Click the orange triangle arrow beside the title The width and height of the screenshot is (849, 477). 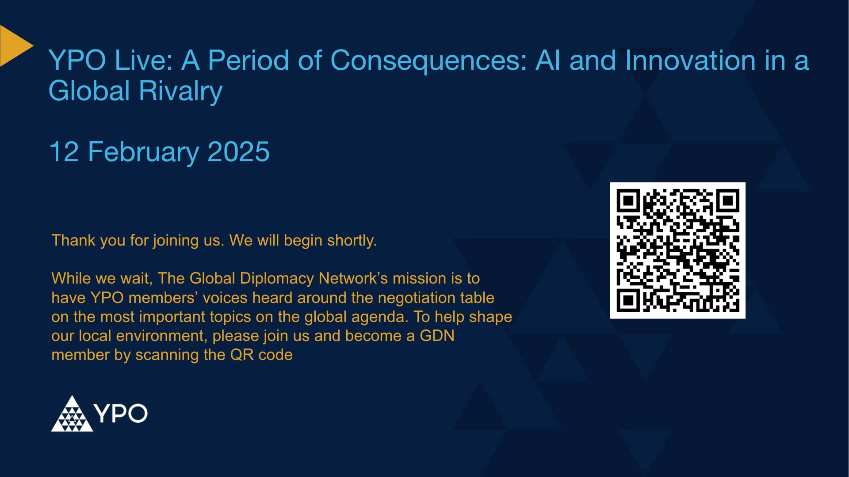tap(13, 46)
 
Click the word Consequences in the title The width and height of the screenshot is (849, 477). tap(428, 61)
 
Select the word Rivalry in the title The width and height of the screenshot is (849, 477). tap(180, 91)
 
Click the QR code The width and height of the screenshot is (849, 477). tap(677, 250)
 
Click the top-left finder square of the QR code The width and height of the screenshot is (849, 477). tap(628, 201)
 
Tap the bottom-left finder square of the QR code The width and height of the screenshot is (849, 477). tap(628, 301)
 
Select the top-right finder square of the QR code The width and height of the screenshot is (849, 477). tap(728, 201)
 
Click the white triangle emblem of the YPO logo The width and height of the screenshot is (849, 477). tap(72, 415)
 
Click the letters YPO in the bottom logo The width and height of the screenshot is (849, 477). tap(121, 414)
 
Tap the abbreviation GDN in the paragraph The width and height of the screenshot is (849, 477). tap(436, 336)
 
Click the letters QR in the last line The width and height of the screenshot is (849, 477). tap(241, 355)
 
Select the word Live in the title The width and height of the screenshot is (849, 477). tap(143, 61)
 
